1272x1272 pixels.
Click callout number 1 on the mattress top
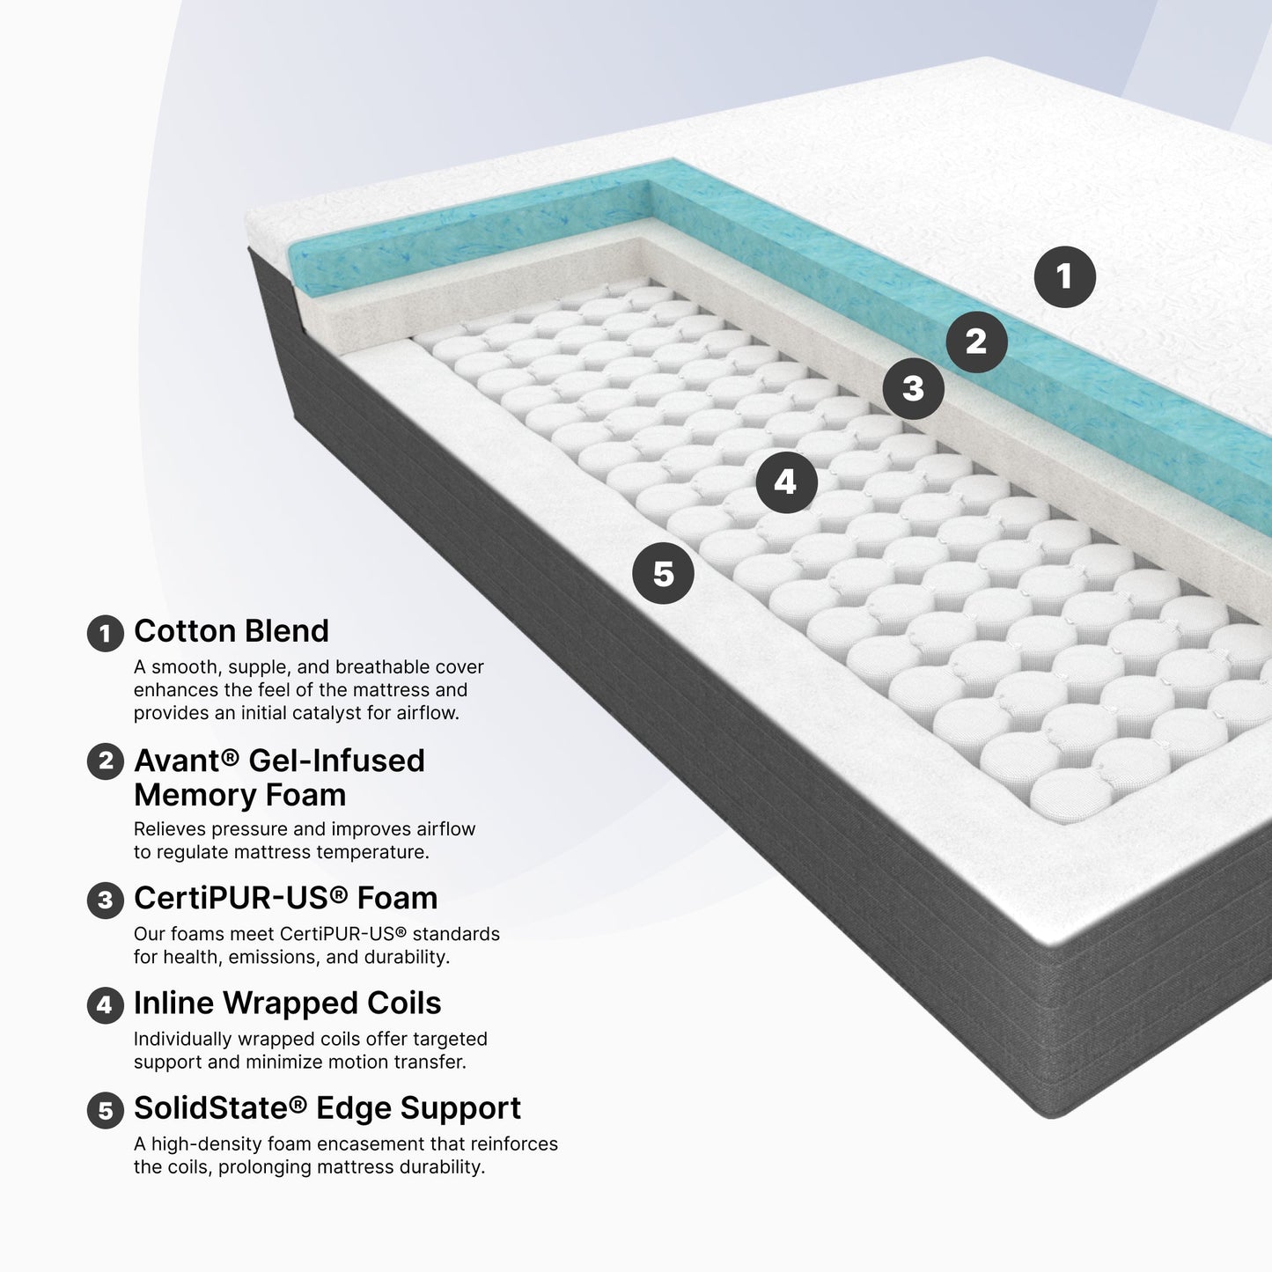(1064, 276)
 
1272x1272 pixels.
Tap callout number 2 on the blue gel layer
(976, 342)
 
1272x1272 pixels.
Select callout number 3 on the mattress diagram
(913, 388)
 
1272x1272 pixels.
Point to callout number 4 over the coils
(785, 482)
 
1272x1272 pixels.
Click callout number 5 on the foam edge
(663, 574)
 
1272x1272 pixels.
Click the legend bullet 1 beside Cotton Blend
(106, 633)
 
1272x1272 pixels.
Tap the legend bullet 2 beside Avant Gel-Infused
(106, 761)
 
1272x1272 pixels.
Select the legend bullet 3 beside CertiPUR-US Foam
(106, 900)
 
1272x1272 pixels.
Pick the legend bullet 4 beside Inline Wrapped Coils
(106, 1004)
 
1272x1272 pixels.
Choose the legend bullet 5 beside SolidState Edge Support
(106, 1110)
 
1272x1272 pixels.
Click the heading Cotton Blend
(231, 631)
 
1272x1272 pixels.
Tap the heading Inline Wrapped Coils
(287, 1004)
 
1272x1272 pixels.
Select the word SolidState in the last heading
(211, 1108)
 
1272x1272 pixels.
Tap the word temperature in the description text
(371, 852)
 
